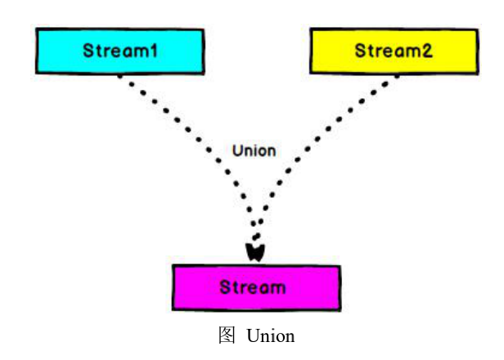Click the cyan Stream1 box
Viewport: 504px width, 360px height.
pos(119,51)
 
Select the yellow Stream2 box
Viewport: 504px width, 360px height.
pos(392,51)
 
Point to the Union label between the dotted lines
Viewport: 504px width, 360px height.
pos(254,151)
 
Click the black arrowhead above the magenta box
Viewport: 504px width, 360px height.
pos(255,250)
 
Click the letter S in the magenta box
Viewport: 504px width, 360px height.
pos(225,287)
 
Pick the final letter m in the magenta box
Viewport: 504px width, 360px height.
pos(281,288)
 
